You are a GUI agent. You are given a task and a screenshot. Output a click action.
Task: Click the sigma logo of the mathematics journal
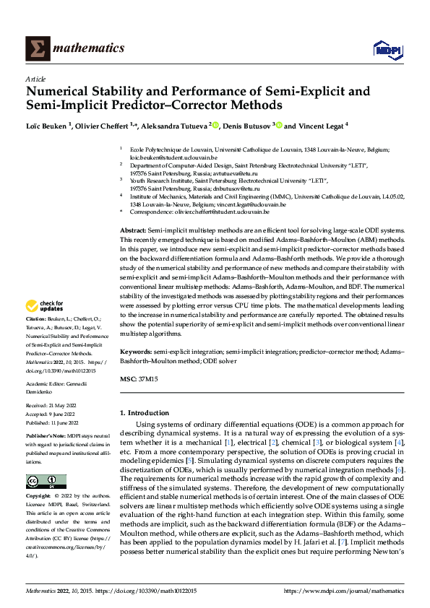click(36, 48)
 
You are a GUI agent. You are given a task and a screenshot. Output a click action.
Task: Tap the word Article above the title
click(35, 79)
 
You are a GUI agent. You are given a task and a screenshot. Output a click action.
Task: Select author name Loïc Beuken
click(48, 125)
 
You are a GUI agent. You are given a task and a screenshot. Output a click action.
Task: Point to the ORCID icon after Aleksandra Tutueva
click(215, 125)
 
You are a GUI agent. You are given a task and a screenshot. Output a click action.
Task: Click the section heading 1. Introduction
click(147, 412)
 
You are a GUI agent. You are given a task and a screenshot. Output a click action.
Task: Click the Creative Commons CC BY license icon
click(46, 482)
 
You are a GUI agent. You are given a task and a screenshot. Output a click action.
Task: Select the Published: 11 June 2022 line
click(51, 422)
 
